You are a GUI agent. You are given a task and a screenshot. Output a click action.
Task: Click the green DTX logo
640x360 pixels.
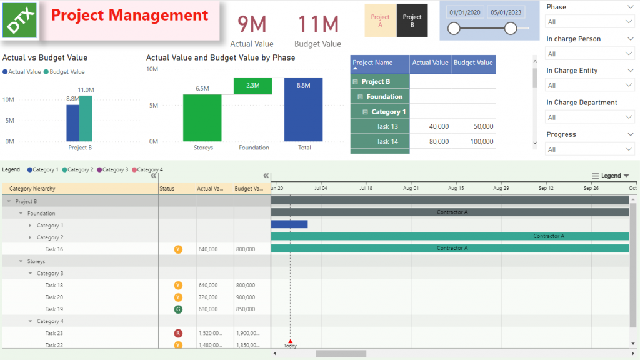coord(20,20)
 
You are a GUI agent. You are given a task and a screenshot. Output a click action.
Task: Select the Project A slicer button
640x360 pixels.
coord(380,21)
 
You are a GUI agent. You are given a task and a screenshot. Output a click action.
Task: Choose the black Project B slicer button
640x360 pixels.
coord(412,21)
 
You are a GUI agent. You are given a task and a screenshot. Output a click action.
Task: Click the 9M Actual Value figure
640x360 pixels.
coord(252,25)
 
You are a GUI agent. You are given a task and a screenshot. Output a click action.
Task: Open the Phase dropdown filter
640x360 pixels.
coord(590,22)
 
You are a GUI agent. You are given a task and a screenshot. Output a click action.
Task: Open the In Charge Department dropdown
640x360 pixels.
coord(590,117)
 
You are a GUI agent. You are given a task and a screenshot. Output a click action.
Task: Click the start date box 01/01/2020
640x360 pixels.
coord(465,12)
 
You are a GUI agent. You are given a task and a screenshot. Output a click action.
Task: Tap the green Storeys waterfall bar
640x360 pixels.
coord(202,117)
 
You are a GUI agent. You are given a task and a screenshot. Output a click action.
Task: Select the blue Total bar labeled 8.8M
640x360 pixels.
coord(303,110)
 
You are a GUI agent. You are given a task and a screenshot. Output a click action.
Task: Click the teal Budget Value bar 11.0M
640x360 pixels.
coord(86,118)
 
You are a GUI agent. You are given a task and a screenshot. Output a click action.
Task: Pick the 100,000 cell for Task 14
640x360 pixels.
coord(473,142)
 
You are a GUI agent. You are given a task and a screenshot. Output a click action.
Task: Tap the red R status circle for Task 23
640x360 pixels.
coord(178,334)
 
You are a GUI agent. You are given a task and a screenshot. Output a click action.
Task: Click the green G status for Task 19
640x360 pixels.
coord(178,309)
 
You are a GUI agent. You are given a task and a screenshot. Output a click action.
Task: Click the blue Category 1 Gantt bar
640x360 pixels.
coord(289,224)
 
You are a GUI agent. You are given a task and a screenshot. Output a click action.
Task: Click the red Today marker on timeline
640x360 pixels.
coord(290,341)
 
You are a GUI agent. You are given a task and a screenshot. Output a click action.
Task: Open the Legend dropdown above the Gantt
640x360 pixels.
coord(611,176)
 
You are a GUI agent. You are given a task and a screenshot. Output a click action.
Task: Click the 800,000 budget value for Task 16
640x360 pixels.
coord(246,249)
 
